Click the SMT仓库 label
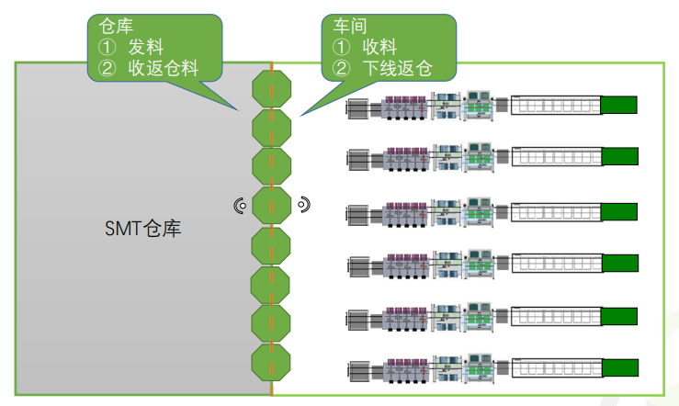pos(142,228)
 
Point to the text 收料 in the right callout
pos(380,47)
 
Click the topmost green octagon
pos(272,89)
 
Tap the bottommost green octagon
pos(272,364)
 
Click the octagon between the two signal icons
pos(272,206)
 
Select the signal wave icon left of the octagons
pos(241,206)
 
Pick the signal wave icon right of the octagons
pos(303,204)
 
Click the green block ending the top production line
pos(618,105)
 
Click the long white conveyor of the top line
pos(555,105)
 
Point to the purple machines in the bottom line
pos(404,371)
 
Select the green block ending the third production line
pos(618,210)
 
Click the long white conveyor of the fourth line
pos(555,264)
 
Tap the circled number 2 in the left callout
pos(105,68)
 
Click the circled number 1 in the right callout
pos(341,47)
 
